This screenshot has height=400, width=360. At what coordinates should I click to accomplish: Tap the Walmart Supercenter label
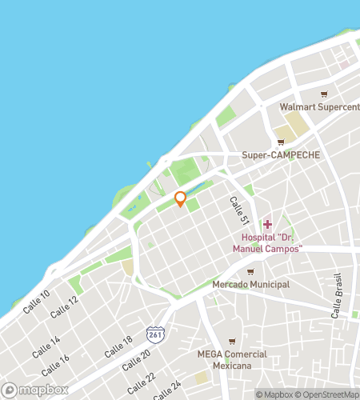pos(319,107)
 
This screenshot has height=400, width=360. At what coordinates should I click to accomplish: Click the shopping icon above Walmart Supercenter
pos(324,94)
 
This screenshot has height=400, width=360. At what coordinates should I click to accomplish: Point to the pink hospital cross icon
pos(267,224)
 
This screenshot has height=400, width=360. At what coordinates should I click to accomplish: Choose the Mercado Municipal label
pos(250,284)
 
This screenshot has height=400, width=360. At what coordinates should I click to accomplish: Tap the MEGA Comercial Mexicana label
pos(231,360)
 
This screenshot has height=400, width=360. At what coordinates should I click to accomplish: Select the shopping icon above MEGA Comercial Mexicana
pos(231,341)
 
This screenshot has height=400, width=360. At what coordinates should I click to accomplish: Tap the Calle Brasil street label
pos(338,302)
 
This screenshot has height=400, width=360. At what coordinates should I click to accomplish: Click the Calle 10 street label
pos(36,301)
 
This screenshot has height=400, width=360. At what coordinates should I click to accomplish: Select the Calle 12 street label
pos(63,306)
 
